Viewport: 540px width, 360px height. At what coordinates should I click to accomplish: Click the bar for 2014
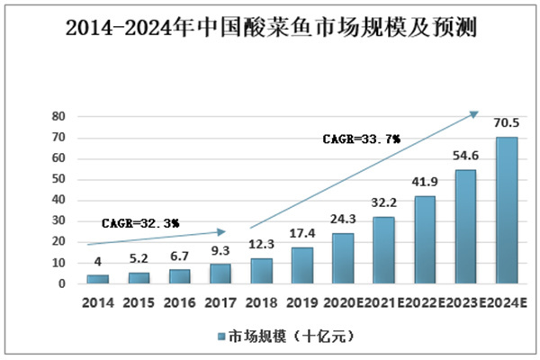pos(98,279)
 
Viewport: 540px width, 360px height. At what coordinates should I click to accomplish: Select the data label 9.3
pos(221,251)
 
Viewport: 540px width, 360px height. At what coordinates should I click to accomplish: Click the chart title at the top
pos(270,29)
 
